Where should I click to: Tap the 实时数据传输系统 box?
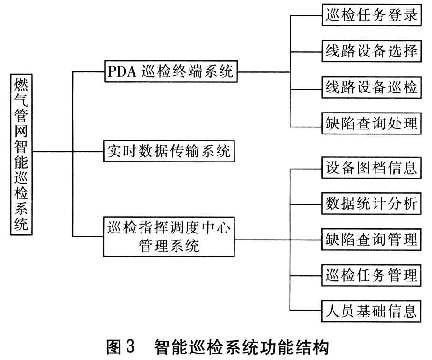pyautogui.click(x=168, y=151)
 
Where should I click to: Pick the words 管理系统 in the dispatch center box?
pyautogui.click(x=168, y=246)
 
